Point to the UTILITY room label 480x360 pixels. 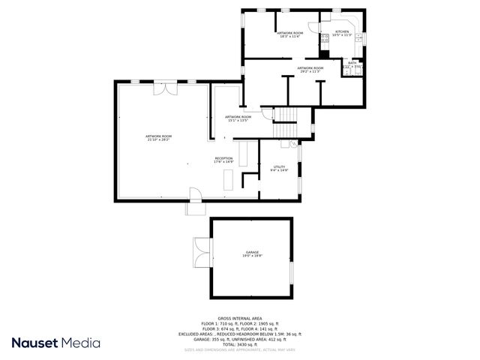coord(279,168)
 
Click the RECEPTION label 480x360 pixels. coord(223,159)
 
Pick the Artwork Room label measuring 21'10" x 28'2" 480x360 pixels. coord(158,137)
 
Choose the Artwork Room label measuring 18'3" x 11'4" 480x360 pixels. coord(289,34)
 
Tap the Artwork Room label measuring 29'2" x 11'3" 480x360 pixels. coord(310,69)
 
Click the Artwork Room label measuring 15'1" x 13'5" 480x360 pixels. coord(238,118)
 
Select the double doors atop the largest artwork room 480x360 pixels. coord(164,89)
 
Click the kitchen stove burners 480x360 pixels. coord(324,42)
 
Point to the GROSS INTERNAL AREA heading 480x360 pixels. coord(239,318)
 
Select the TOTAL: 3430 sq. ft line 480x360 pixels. coord(239,344)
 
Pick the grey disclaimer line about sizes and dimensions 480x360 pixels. coord(239,349)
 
